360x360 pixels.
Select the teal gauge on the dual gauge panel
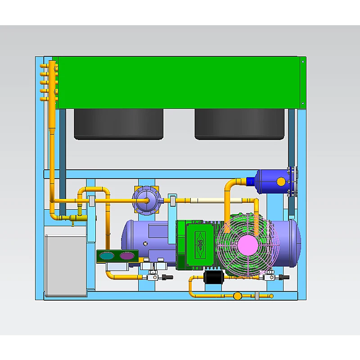click(x=108, y=256)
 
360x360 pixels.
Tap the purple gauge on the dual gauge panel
click(x=126, y=256)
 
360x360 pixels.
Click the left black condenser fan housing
click(x=119, y=123)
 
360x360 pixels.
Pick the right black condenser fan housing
click(x=239, y=123)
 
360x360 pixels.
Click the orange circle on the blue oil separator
click(x=281, y=182)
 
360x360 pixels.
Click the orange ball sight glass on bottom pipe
click(x=237, y=296)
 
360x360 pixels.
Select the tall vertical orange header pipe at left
click(x=52, y=135)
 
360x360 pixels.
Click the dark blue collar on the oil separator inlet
click(x=251, y=181)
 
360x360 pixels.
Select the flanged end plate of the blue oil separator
click(x=292, y=181)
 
